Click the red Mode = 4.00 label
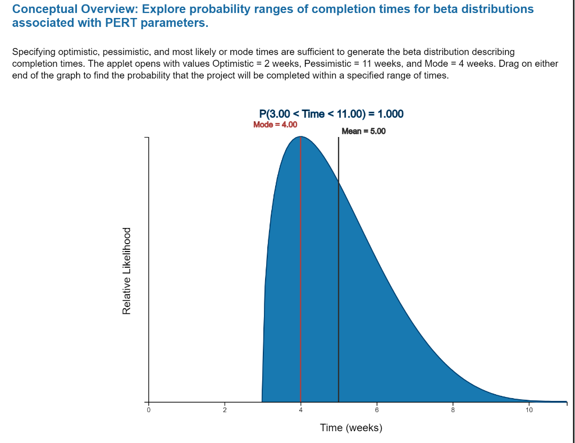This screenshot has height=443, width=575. click(275, 125)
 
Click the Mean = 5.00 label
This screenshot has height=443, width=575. click(363, 131)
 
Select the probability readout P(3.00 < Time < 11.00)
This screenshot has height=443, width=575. click(331, 114)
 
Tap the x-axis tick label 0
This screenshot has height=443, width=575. click(148, 410)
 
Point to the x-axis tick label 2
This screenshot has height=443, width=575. click(225, 410)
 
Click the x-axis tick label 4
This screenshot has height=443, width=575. click(300, 410)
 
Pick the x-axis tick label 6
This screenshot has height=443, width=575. click(377, 410)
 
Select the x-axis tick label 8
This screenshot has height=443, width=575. click(453, 410)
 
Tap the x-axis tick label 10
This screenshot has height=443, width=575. click(528, 410)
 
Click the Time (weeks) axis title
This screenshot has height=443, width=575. click(351, 428)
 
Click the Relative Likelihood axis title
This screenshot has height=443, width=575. click(127, 270)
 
